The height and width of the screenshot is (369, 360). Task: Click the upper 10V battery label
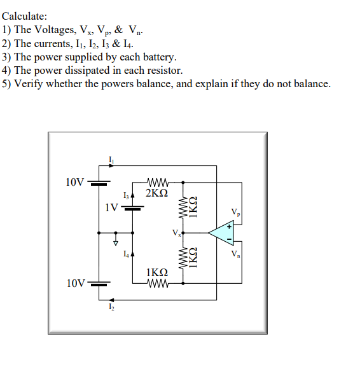[74, 182]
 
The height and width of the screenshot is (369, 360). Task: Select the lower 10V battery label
[74, 282]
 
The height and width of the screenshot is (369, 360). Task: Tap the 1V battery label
[111, 207]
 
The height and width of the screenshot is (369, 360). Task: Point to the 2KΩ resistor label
[156, 192]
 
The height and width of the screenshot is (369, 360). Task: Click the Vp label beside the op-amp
[236, 212]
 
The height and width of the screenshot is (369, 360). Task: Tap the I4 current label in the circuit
[127, 254]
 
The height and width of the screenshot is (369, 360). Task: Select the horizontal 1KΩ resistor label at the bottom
[156, 272]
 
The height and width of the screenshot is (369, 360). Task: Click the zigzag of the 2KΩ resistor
[156, 181]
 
